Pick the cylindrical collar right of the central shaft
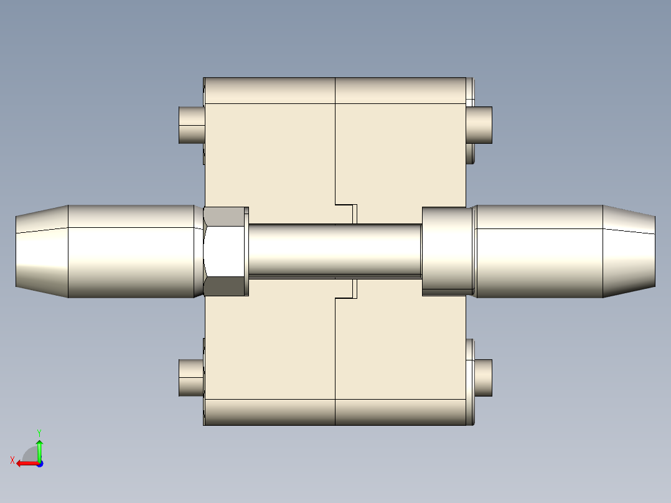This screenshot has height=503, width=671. [x=445, y=251]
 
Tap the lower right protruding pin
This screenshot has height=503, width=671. [x=483, y=377]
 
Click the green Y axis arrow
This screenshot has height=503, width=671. [x=39, y=449]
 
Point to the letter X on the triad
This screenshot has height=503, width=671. [x=12, y=460]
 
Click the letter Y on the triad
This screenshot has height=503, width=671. [x=39, y=432]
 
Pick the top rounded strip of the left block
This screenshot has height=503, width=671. [x=270, y=90]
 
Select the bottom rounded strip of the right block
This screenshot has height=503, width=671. [x=400, y=412]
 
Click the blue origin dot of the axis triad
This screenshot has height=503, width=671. [x=39, y=464]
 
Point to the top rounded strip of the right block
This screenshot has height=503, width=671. [x=400, y=90]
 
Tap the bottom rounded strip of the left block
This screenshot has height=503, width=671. [x=270, y=412]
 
